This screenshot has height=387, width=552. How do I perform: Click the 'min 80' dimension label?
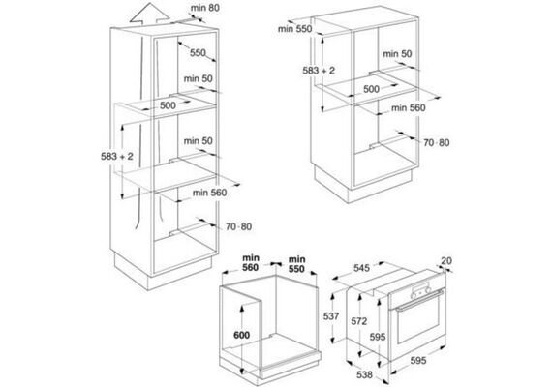coord(205,8)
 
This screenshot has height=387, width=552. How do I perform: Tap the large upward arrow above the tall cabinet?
coord(149,14)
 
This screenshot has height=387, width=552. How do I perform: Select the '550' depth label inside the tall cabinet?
coord(198,53)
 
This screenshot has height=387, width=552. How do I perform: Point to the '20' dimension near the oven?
coord(446,260)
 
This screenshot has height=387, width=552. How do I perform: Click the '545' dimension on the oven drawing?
coord(361,268)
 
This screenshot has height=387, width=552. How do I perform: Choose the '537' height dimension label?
coord(331,316)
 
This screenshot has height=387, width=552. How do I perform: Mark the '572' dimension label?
coord(358,321)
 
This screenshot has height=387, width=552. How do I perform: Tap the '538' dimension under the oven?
coord(364,374)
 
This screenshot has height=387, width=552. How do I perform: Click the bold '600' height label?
coord(242,335)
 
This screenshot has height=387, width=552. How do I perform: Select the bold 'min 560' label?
coord(250,263)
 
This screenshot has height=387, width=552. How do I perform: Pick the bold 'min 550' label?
coord(296,264)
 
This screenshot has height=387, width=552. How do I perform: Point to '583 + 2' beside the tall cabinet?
coord(117,156)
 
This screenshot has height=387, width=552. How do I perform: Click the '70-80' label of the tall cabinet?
coord(238,226)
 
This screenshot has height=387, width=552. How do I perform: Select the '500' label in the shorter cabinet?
coord(371,89)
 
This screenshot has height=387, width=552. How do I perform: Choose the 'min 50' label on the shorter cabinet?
coord(397,54)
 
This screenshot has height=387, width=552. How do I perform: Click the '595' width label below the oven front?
coord(418,360)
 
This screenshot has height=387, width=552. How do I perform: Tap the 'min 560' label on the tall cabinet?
coord(209,193)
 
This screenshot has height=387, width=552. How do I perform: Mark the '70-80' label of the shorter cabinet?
coord(437,142)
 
